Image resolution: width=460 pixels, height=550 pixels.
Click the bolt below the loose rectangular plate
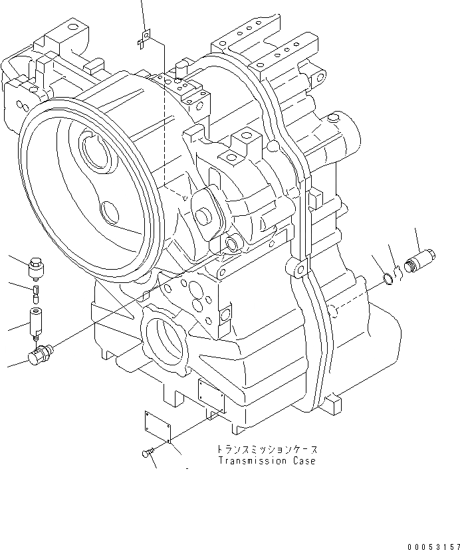146,452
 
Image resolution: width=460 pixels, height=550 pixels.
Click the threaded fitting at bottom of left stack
39,353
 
